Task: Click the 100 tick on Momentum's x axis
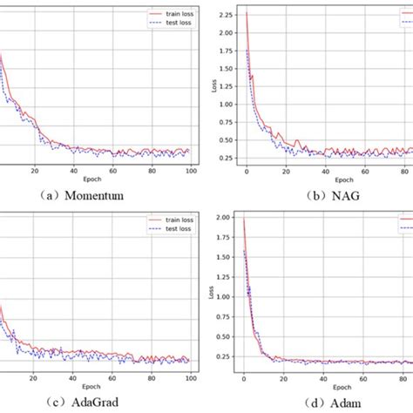[187, 171]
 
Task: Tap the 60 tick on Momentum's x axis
[112, 171]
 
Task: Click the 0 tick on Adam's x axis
[243, 377]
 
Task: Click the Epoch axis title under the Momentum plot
[91, 179]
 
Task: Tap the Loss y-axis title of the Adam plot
[211, 294]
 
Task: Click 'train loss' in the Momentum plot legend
[172, 14]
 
